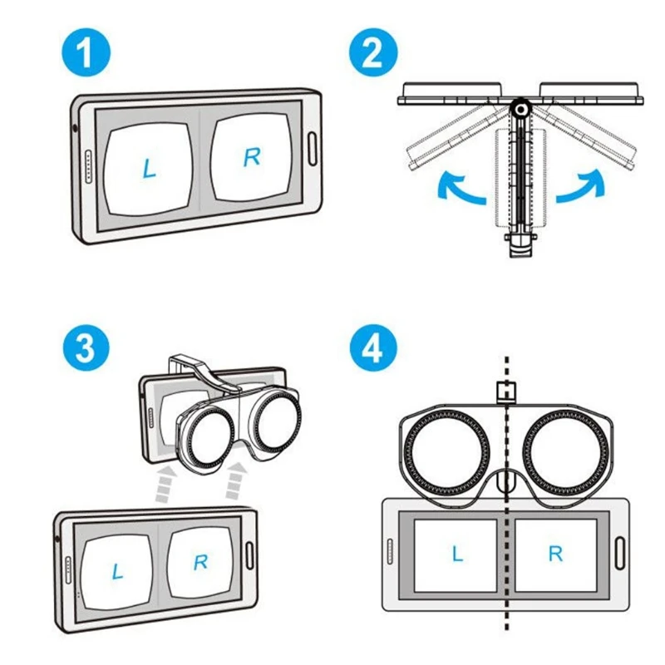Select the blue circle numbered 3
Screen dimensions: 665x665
[86, 348]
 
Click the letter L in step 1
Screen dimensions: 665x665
[149, 169]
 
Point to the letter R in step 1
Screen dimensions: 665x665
[251, 158]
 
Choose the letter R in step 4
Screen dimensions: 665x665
[555, 554]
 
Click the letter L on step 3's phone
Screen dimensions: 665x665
[117, 571]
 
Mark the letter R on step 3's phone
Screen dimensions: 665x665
[200, 563]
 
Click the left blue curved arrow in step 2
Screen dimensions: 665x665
[461, 189]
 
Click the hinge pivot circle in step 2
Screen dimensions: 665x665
[520, 109]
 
